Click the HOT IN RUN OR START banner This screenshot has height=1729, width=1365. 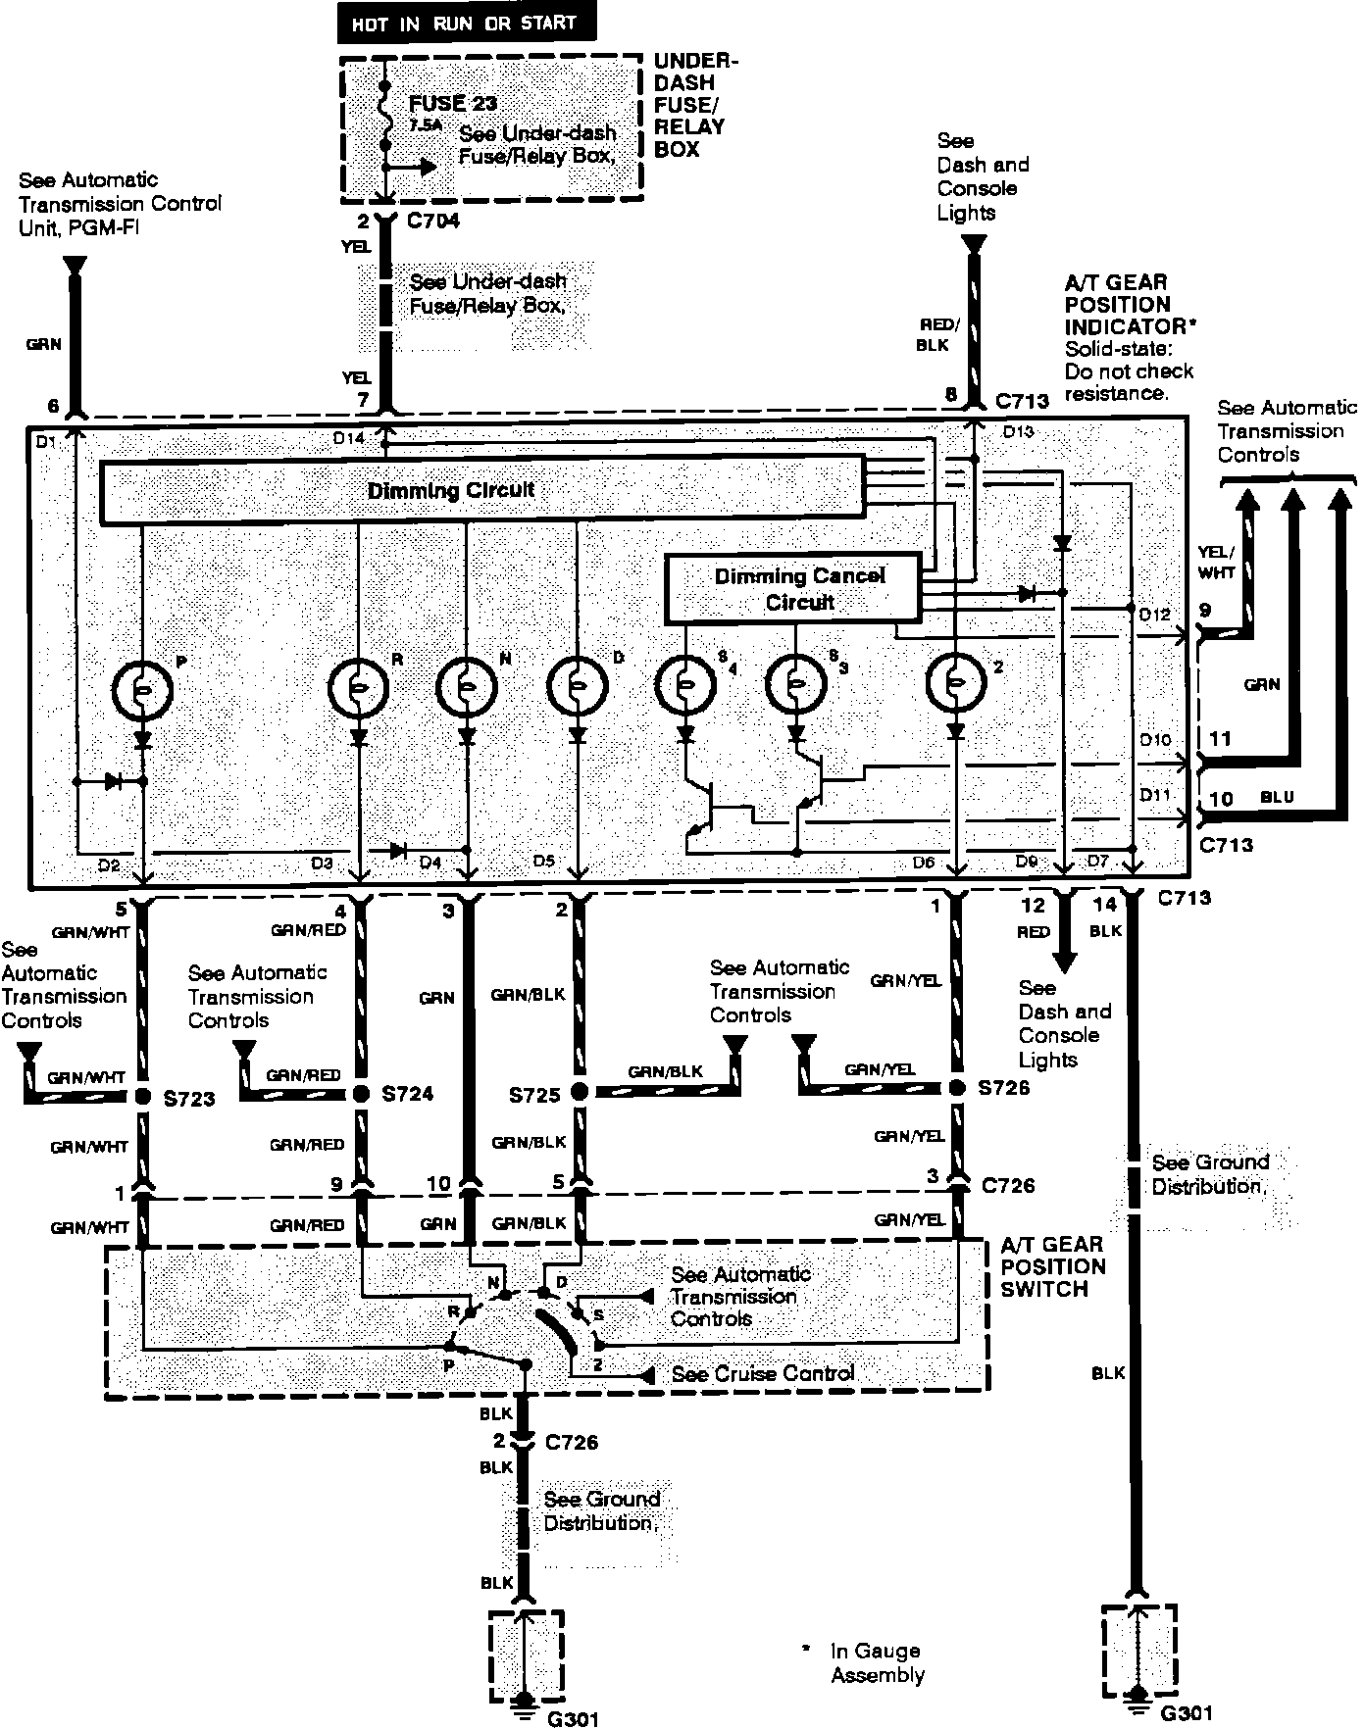click(466, 24)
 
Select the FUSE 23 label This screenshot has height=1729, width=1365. click(452, 103)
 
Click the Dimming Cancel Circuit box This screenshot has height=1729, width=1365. click(793, 589)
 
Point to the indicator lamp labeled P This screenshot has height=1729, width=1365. click(143, 690)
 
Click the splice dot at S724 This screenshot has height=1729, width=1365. click(361, 1094)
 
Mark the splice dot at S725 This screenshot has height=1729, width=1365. click(579, 1092)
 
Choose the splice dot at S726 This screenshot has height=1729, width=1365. click(957, 1088)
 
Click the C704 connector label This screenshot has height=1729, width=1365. click(432, 222)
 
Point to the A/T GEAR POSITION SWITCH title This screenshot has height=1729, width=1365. click(1052, 1266)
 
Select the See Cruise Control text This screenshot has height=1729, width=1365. click(762, 1374)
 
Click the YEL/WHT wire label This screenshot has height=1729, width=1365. click(1217, 561)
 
